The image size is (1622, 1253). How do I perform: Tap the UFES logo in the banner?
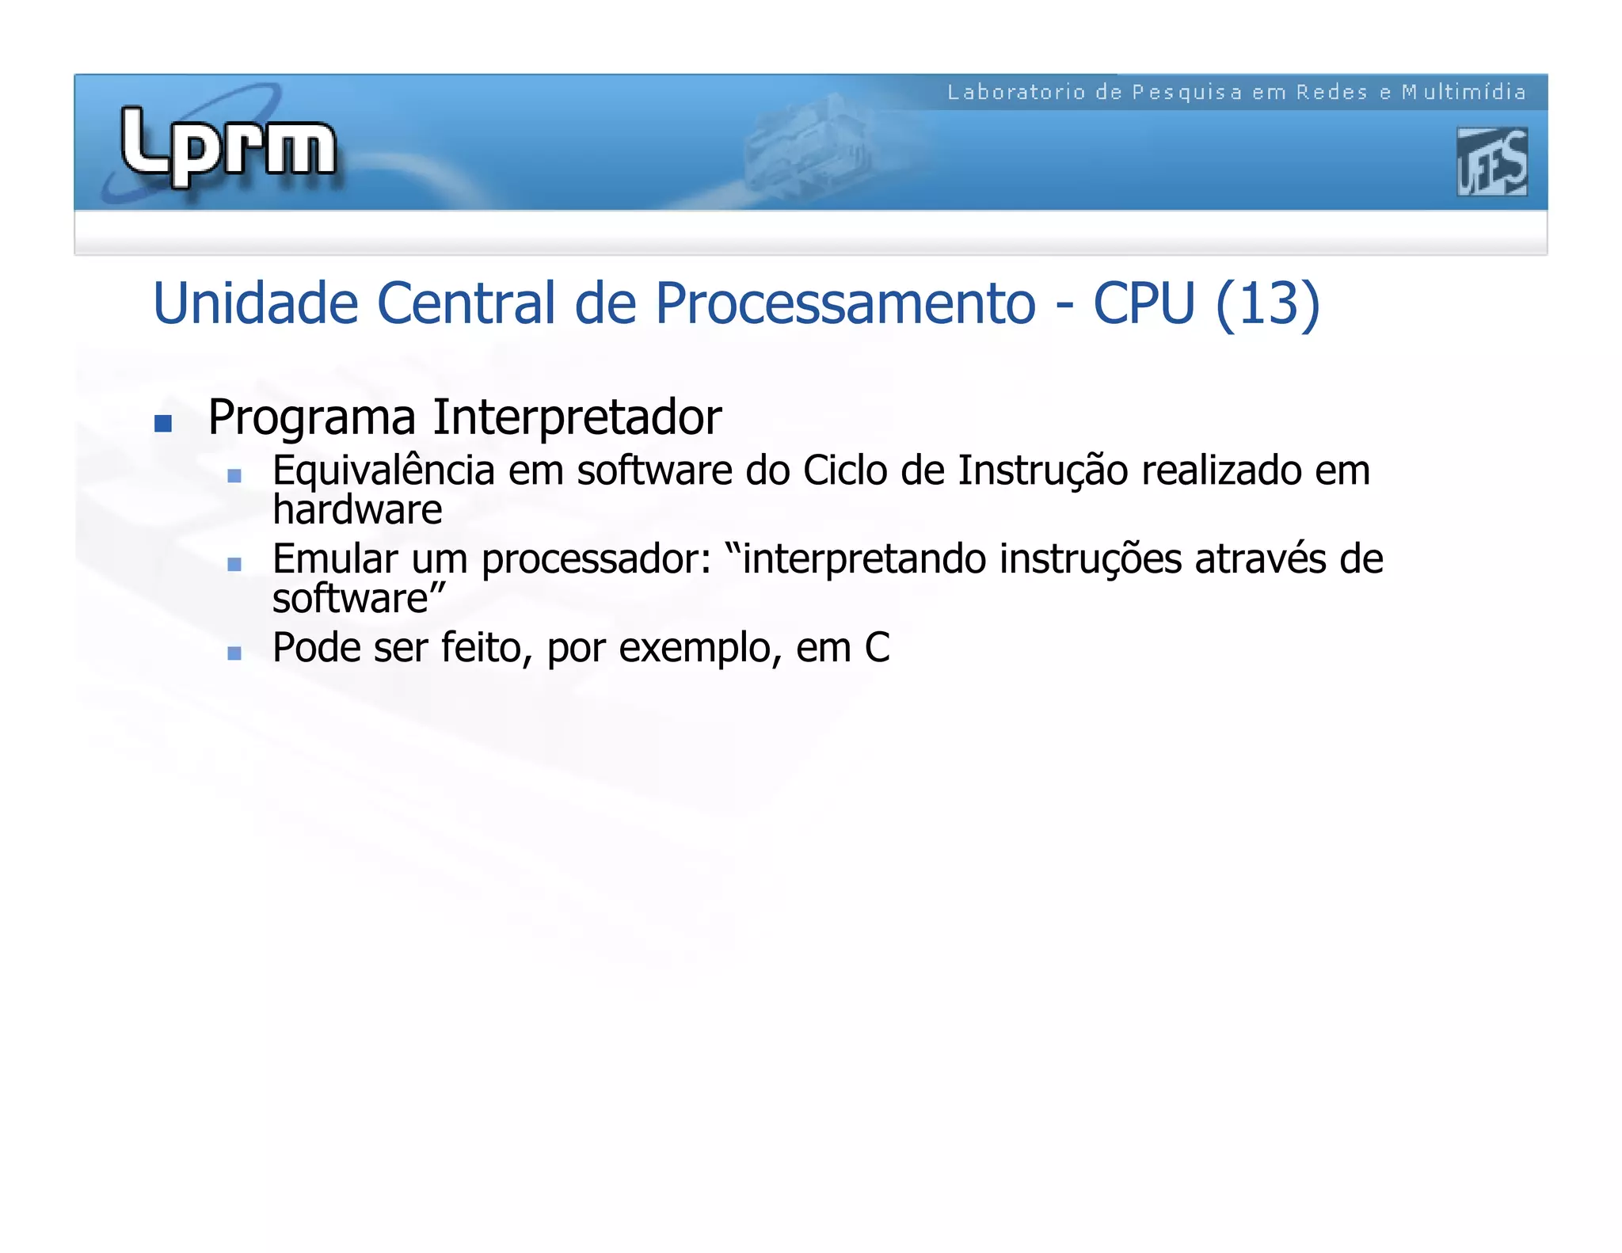(x=1491, y=162)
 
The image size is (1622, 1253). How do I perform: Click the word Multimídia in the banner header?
(x=1464, y=93)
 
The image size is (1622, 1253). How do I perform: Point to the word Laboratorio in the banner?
(x=1016, y=93)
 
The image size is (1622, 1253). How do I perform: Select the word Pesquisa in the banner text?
(x=1186, y=93)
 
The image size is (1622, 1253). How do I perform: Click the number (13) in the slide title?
(x=1267, y=303)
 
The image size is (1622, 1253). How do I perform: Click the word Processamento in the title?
(x=845, y=303)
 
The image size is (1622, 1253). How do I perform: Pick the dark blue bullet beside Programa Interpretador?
(x=163, y=424)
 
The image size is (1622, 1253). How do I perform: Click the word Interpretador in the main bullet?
(x=577, y=417)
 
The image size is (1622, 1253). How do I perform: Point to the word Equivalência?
(x=383, y=471)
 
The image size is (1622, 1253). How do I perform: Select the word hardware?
(x=357, y=510)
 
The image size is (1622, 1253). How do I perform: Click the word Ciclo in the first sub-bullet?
(x=845, y=470)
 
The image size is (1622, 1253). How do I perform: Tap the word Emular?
(x=335, y=559)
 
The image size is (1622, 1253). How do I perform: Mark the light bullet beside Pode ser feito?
(x=234, y=653)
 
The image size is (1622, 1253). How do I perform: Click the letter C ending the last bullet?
(x=877, y=648)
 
